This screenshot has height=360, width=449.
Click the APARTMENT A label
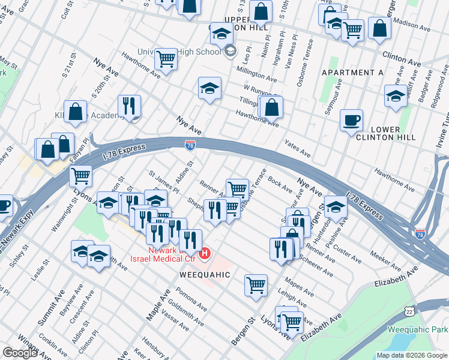pos(352,73)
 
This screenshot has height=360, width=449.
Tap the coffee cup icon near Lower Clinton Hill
pos(351,120)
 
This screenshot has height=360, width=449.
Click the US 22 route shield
pos(409,311)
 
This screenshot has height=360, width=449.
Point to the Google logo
pos(20,353)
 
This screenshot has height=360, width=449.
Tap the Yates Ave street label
pos(298,150)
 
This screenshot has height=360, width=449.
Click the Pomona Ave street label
pos(194,300)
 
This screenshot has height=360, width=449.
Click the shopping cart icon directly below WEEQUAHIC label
pos(256,285)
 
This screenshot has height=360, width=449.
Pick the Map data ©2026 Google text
pos(412,355)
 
